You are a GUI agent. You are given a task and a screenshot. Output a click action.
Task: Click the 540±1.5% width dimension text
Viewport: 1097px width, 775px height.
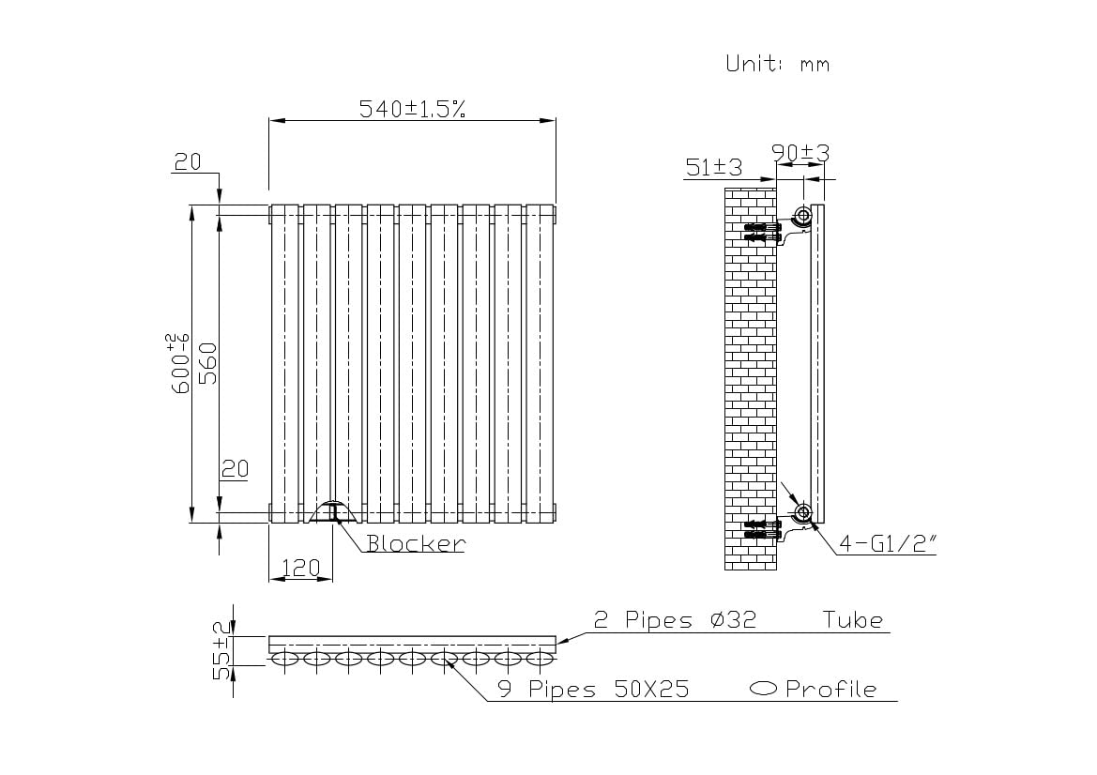coord(412,109)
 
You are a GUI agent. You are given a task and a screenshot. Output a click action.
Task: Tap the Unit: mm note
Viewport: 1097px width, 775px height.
coord(777,64)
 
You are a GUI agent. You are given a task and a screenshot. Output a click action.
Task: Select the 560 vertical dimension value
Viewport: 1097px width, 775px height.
coord(208,363)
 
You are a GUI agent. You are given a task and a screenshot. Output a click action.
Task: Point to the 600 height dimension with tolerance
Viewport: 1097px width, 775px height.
coord(179,363)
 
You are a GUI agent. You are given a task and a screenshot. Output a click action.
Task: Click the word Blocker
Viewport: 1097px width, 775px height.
coord(416,543)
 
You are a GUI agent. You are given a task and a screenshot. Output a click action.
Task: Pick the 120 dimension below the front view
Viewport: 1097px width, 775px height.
coord(300,568)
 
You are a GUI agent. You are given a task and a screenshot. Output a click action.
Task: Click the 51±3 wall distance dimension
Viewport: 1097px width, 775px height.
coord(713,167)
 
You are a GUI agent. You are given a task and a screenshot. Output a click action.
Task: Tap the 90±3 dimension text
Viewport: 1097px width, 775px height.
coord(800,152)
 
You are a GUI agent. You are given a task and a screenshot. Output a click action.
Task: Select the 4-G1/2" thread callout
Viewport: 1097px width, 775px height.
coord(887,543)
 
